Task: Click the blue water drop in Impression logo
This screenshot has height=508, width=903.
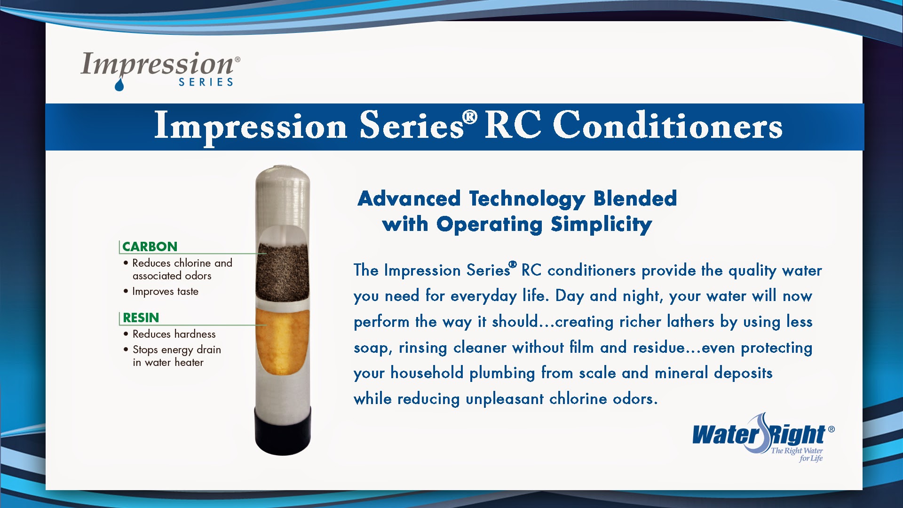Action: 119,85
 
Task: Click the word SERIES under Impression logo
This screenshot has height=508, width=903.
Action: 206,82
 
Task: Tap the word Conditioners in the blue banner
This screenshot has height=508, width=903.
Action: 668,126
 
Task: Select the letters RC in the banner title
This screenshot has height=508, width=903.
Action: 513,126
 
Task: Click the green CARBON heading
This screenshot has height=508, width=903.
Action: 150,246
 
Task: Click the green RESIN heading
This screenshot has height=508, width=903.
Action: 141,317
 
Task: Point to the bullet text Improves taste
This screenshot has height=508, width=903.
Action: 165,292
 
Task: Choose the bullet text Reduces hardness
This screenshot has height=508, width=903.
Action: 174,334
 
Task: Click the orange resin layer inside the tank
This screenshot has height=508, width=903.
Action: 282,340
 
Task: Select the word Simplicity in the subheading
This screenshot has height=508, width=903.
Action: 601,225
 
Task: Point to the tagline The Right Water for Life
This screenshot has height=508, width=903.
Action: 797,454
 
